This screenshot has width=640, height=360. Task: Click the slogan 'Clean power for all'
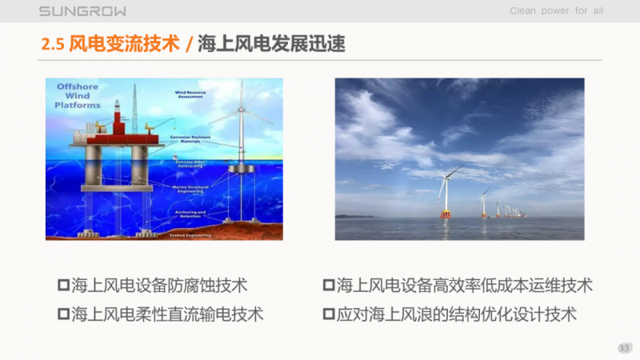[x=556, y=11]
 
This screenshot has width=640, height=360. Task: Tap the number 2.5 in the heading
[x=53, y=44]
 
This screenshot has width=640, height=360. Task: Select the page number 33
[x=624, y=347]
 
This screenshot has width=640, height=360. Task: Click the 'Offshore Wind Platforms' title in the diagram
[x=78, y=94]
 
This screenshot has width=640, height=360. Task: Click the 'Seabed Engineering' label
[x=190, y=235]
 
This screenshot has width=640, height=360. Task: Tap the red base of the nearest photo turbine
[x=445, y=214]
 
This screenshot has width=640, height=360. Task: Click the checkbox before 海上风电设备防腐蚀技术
[x=63, y=285]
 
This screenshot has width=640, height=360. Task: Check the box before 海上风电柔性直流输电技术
[x=63, y=313]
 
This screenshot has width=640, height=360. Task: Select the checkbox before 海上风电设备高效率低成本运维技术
[x=328, y=285]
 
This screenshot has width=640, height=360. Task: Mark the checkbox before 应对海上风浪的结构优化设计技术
[x=328, y=313]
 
